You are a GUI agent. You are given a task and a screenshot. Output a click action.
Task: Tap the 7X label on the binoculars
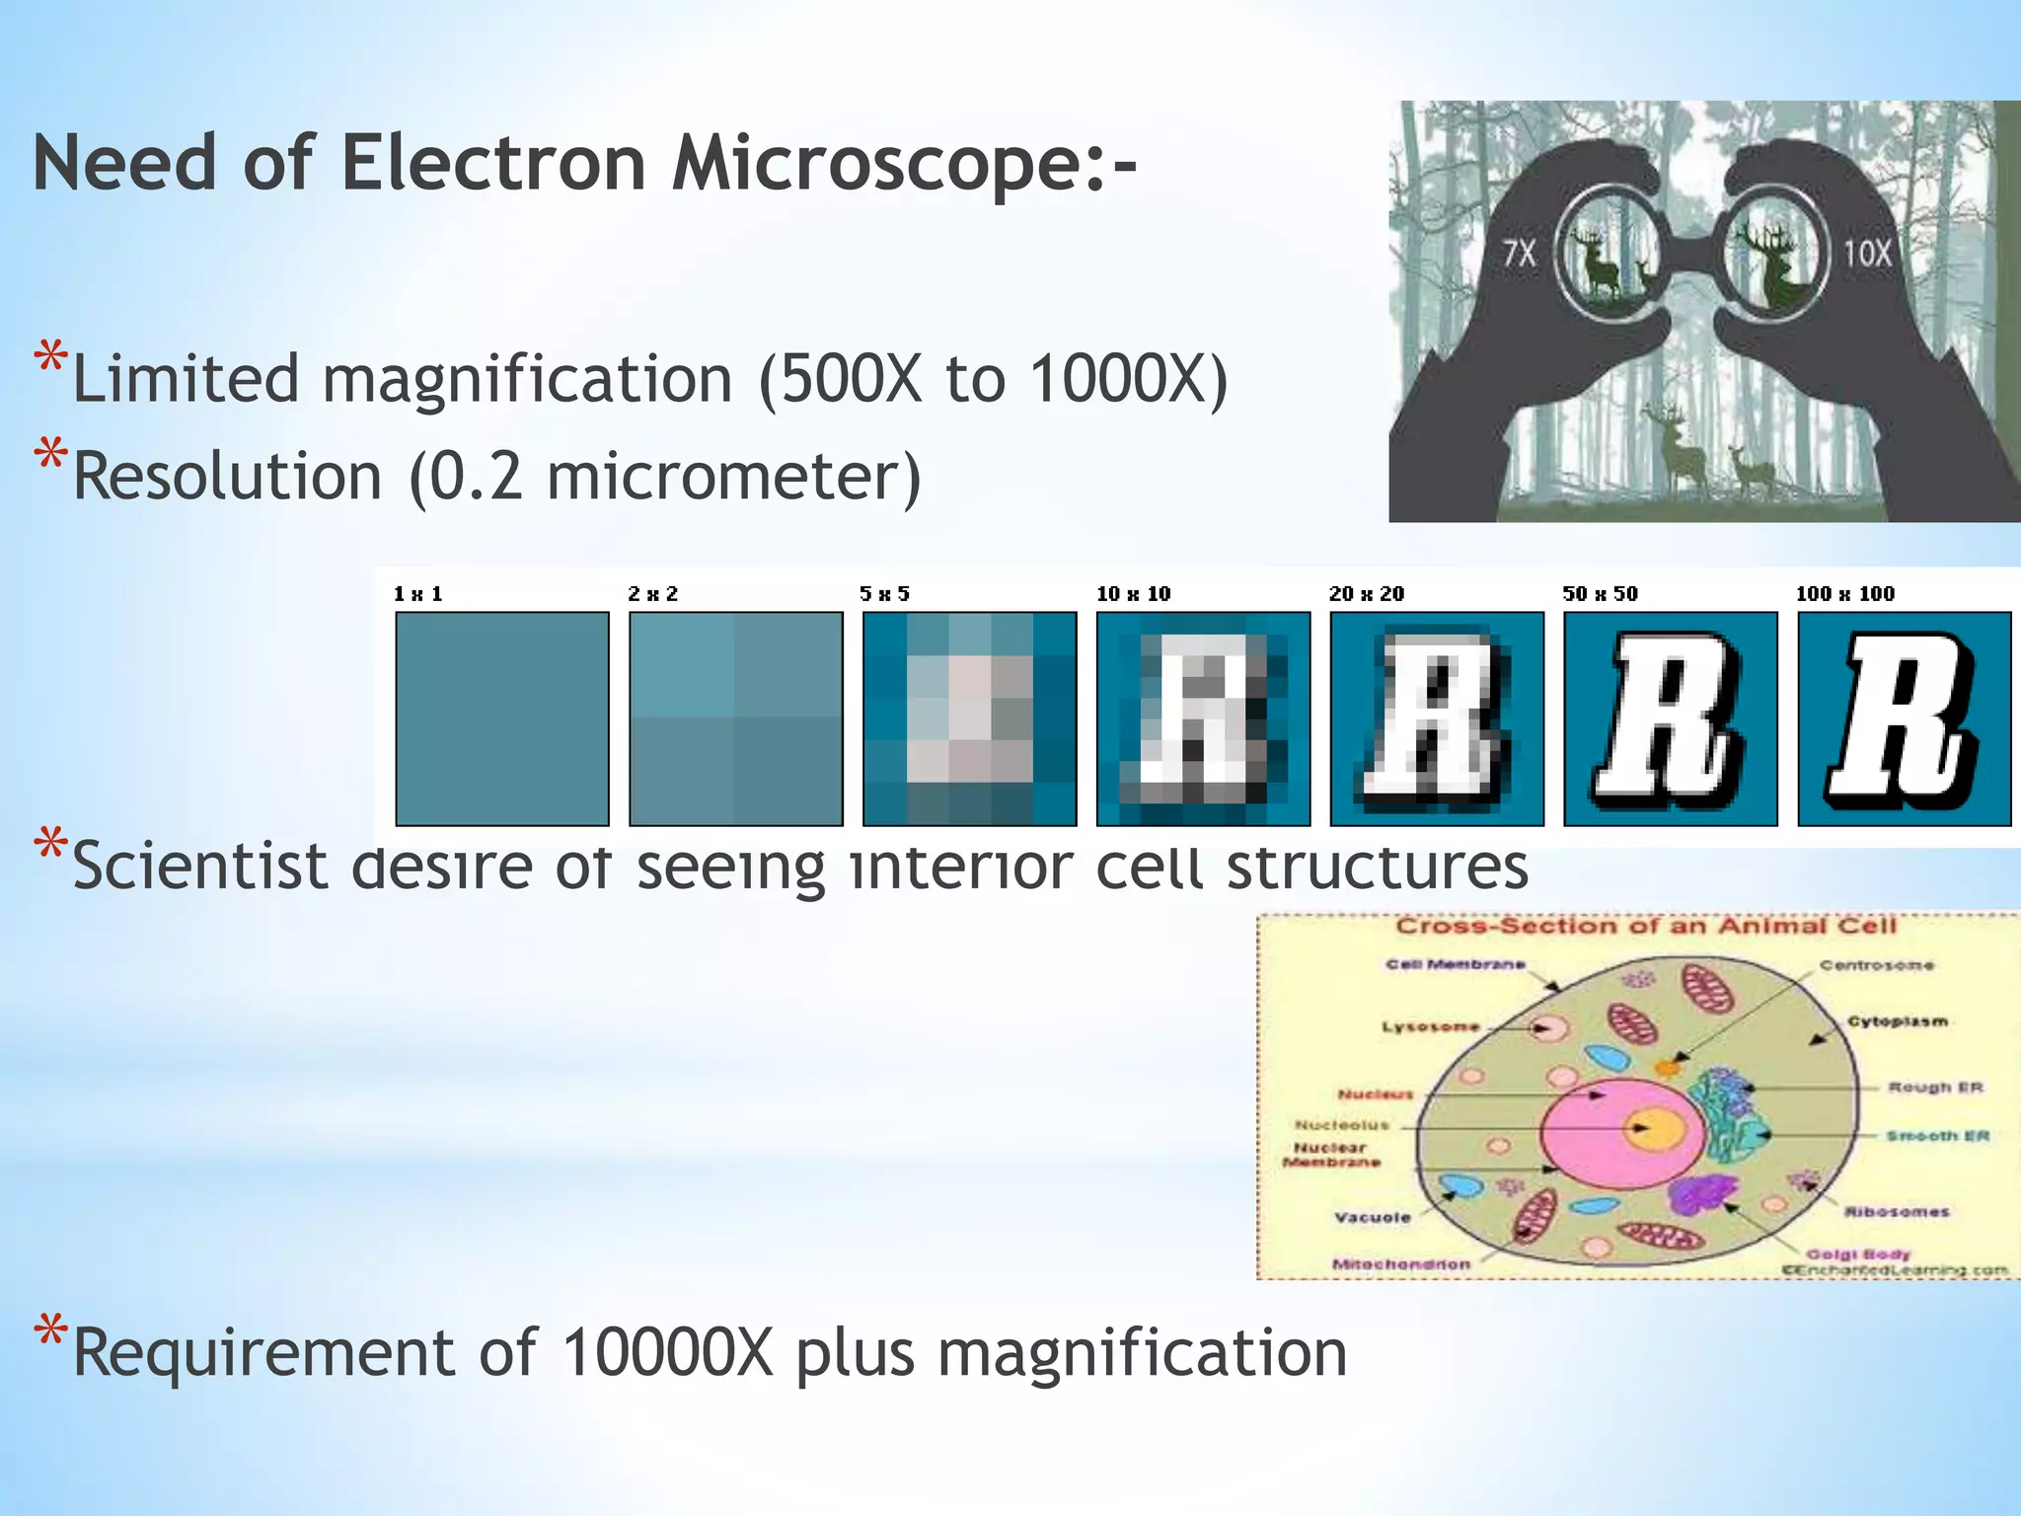click(x=1520, y=254)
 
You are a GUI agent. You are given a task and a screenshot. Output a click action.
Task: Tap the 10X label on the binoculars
click(x=1867, y=254)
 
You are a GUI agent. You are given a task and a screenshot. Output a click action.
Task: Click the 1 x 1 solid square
click(x=502, y=719)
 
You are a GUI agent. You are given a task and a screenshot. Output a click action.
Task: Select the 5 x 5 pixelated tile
click(x=969, y=719)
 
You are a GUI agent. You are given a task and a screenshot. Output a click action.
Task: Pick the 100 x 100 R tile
click(x=1904, y=719)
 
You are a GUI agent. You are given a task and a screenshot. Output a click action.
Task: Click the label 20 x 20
click(x=1366, y=594)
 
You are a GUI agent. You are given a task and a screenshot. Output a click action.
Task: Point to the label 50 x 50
click(x=1600, y=594)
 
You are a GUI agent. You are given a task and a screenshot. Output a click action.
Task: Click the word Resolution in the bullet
click(x=228, y=477)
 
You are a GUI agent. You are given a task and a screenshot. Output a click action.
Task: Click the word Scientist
click(x=200, y=867)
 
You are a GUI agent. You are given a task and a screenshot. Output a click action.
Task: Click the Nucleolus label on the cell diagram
click(x=1341, y=1125)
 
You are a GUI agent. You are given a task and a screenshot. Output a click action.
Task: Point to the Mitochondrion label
click(x=1400, y=1264)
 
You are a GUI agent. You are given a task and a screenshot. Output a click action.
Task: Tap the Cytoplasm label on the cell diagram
click(x=1897, y=1022)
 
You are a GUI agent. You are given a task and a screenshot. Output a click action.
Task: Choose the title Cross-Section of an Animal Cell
click(x=1645, y=926)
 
